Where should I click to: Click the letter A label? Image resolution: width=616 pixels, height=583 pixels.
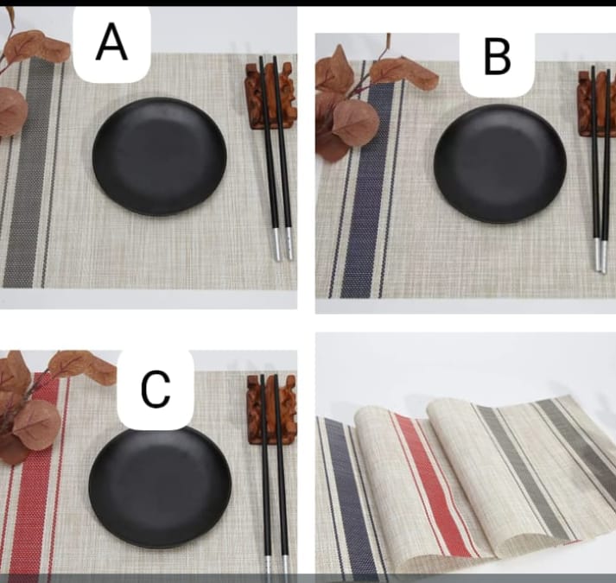click(x=111, y=42)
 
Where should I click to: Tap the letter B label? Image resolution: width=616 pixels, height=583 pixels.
click(x=497, y=59)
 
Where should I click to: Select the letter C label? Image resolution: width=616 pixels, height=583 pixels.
click(x=156, y=390)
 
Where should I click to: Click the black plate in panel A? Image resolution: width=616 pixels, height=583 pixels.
click(x=159, y=156)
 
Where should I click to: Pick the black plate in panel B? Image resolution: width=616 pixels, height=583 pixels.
click(x=499, y=163)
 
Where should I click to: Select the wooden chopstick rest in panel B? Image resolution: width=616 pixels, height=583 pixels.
click(x=595, y=103)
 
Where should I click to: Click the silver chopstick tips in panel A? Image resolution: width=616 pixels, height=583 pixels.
click(x=282, y=244)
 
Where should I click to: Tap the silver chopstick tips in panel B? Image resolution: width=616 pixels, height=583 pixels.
click(x=600, y=256)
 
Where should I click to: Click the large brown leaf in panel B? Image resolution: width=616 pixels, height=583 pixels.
click(x=354, y=121)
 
